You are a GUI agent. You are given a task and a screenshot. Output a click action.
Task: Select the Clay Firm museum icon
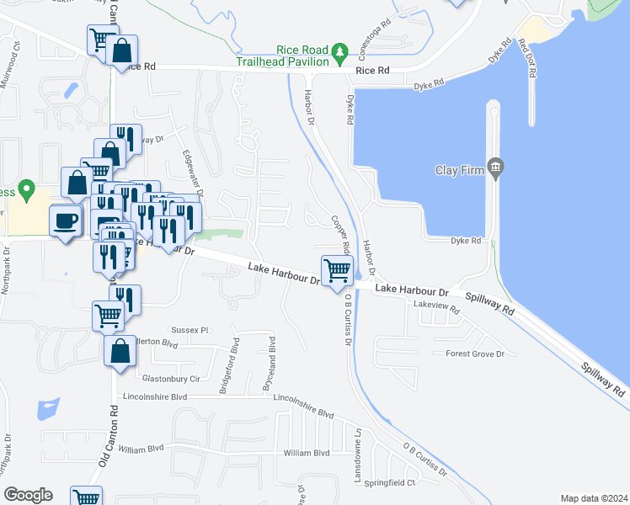(x=494, y=169)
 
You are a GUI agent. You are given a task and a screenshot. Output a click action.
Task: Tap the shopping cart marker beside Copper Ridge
(x=337, y=270)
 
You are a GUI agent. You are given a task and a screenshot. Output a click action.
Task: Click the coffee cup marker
(x=66, y=221)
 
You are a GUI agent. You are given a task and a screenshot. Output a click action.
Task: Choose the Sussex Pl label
(x=190, y=330)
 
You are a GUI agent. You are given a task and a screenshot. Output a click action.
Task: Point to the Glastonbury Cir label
(x=171, y=379)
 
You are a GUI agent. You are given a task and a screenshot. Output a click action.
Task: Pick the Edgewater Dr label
(x=187, y=171)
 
